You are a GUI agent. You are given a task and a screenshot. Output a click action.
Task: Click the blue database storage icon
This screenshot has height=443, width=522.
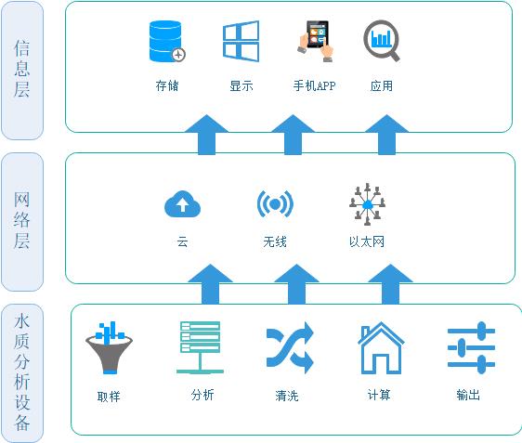point(167,41)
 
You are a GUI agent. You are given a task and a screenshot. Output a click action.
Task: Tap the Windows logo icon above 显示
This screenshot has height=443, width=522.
point(241,41)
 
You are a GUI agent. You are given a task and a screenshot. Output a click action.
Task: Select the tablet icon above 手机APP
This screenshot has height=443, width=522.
point(315,41)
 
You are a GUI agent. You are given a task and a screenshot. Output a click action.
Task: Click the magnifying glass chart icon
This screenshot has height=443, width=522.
point(382,41)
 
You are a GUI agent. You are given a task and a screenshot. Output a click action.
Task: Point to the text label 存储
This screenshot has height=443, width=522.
point(167,85)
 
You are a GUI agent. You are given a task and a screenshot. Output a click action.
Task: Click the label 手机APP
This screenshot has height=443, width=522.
point(314,85)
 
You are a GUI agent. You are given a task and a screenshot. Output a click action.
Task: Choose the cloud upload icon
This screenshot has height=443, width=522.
point(182,203)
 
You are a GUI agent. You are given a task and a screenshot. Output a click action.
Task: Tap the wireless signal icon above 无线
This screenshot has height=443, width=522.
point(275,203)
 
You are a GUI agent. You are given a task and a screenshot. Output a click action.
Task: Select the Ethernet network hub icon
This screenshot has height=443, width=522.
point(367,204)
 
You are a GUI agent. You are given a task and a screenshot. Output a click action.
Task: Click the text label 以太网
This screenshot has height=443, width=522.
point(367,241)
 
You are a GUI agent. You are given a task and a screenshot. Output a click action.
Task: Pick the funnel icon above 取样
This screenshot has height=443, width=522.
point(110,347)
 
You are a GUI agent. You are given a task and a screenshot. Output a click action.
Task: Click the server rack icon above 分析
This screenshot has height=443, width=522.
point(200,347)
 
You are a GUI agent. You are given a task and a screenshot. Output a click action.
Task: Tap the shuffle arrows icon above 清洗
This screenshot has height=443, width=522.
point(290,347)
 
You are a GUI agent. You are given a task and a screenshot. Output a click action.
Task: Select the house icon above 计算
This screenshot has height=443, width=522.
point(381,348)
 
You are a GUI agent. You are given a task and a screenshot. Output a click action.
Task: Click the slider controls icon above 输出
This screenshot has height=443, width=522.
point(471,347)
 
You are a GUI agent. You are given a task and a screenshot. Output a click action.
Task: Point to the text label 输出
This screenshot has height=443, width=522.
point(468,395)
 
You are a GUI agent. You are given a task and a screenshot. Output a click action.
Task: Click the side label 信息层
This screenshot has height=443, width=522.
point(22,69)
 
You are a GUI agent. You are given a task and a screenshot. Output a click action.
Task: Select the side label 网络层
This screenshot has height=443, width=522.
point(22,220)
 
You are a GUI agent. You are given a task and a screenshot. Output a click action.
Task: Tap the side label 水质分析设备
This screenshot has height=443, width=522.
point(22,372)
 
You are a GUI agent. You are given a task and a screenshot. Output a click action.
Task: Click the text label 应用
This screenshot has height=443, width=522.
point(382,85)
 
